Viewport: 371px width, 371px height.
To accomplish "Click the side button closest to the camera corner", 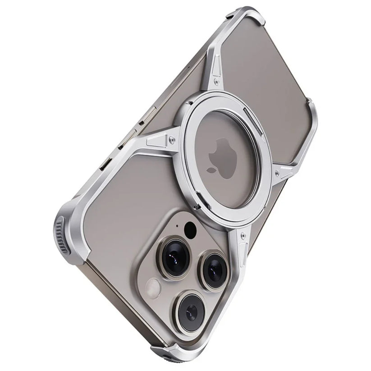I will (102, 166).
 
